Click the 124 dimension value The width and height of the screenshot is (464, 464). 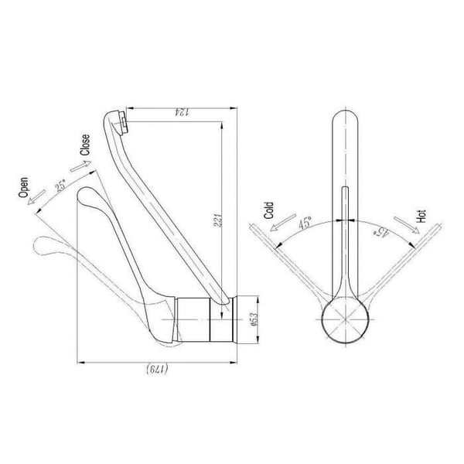click(x=182, y=112)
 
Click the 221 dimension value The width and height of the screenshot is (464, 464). click(x=218, y=220)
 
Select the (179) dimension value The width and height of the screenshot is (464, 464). click(x=157, y=369)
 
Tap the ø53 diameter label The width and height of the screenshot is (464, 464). click(x=254, y=319)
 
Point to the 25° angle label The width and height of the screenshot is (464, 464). click(x=61, y=186)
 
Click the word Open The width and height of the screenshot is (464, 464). click(x=23, y=187)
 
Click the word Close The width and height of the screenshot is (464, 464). click(x=85, y=145)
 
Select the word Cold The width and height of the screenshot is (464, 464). click(x=269, y=210)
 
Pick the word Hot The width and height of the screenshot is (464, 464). click(x=421, y=217)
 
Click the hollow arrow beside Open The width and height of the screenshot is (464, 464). click(x=36, y=197)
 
